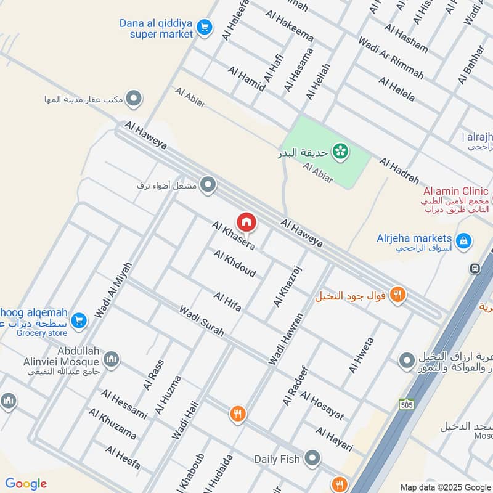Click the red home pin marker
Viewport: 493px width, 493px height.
pyautogui.click(x=246, y=222)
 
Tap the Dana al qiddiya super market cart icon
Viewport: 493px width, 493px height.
pyautogui.click(x=205, y=27)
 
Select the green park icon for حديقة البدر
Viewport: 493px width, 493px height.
pyautogui.click(x=338, y=150)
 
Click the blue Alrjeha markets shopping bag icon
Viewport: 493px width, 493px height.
pyautogui.click(x=465, y=239)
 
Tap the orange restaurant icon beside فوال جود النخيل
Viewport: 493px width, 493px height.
pyautogui.click(x=397, y=295)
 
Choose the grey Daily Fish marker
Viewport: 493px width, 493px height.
pyautogui.click(x=313, y=458)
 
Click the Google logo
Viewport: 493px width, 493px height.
pyautogui.click(x=26, y=484)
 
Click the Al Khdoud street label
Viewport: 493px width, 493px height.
pyautogui.click(x=235, y=263)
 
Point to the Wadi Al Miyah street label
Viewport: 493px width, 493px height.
pyautogui.click(x=113, y=290)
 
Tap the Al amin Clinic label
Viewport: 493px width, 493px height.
pyautogui.click(x=456, y=191)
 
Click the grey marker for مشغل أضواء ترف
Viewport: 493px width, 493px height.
pyautogui.click(x=208, y=184)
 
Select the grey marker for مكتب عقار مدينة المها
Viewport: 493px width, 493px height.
pyautogui.click(x=134, y=99)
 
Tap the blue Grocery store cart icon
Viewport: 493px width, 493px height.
pyautogui.click(x=78, y=320)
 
